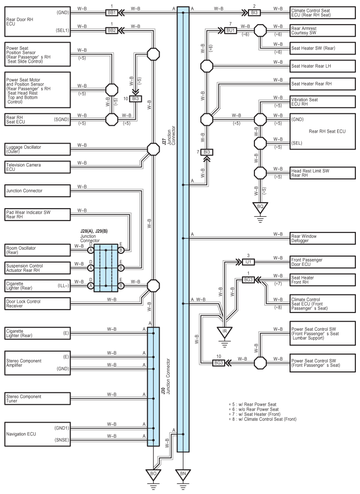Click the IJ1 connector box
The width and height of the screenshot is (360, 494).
248,262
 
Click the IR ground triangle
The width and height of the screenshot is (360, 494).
225,331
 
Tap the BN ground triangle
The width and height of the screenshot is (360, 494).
183,473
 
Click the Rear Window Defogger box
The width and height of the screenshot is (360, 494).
322,238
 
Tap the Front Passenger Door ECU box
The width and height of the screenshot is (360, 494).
322,262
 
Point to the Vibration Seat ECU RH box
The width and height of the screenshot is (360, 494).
322,102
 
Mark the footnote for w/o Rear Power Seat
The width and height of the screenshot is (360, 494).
254,409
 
